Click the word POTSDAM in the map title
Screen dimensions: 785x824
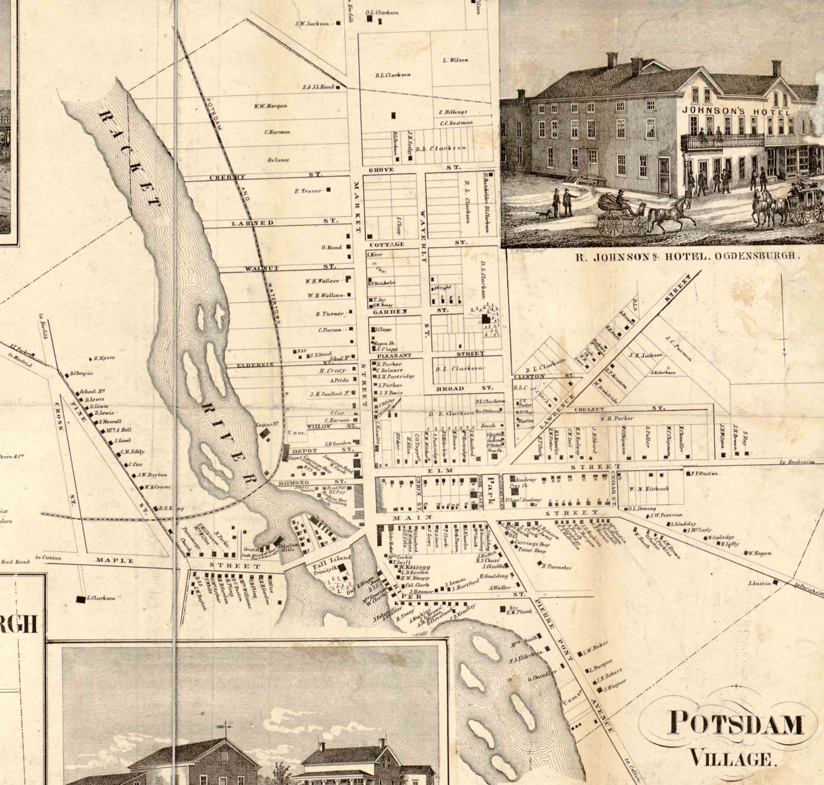pyautogui.click(x=735, y=723)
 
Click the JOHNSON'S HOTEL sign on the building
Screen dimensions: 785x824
pyautogui.click(x=736, y=112)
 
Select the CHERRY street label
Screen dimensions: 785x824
pyautogui.click(x=227, y=177)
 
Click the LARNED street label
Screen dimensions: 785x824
pyautogui.click(x=252, y=222)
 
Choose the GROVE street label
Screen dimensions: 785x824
pyautogui.click(x=381, y=170)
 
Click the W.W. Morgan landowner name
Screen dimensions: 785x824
pyautogui.click(x=270, y=106)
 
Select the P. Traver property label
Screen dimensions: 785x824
pyautogui.click(x=308, y=191)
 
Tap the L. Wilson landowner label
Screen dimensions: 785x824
pyautogui.click(x=455, y=60)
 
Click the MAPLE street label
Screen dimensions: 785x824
pyautogui.click(x=114, y=560)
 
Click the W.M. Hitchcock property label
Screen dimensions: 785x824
pyautogui.click(x=649, y=488)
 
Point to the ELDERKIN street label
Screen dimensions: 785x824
pyautogui.click(x=254, y=365)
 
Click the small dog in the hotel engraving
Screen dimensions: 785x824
pyautogui.click(x=544, y=214)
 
